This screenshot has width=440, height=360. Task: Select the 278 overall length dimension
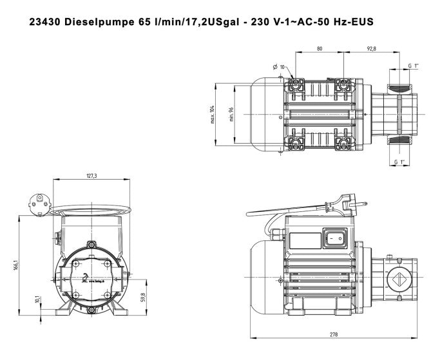334,334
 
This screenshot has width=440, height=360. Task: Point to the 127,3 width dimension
91,176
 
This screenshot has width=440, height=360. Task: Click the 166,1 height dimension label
14,265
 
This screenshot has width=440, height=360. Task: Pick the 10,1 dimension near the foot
38,301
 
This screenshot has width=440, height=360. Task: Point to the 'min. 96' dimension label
230,116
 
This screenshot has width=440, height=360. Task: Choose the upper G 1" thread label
413,66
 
